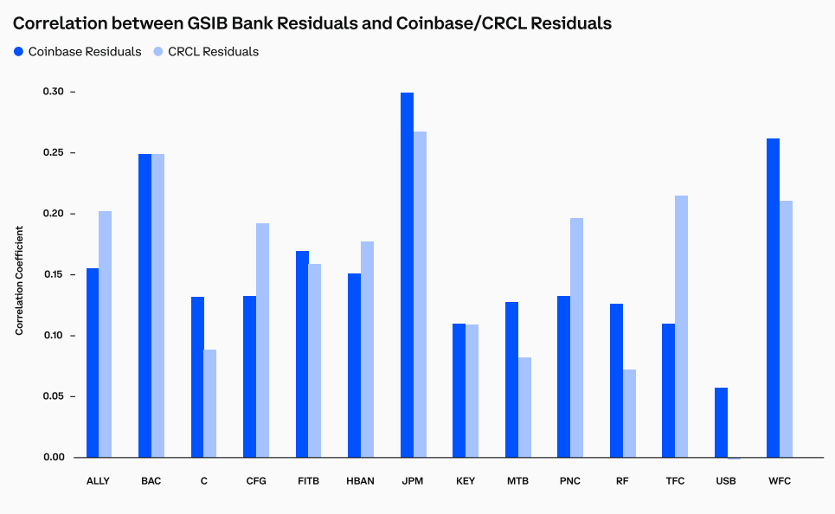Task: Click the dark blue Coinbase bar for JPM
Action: [x=407, y=275]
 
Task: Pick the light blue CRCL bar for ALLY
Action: [x=105, y=334]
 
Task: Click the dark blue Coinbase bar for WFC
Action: [x=773, y=298]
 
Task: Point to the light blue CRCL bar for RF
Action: [x=629, y=414]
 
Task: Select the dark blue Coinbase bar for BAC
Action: [x=145, y=305]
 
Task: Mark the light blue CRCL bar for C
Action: [x=210, y=403]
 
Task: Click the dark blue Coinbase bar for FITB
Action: [x=302, y=354]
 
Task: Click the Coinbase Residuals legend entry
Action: [x=77, y=52]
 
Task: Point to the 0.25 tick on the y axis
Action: [x=73, y=153]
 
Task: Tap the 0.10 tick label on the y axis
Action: [x=54, y=336]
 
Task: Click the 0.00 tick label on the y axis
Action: [x=54, y=458]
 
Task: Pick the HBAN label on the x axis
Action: [x=360, y=481]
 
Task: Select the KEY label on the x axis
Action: [x=465, y=481]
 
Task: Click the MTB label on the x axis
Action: [x=517, y=481]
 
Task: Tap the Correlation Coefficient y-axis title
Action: [x=19, y=280]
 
